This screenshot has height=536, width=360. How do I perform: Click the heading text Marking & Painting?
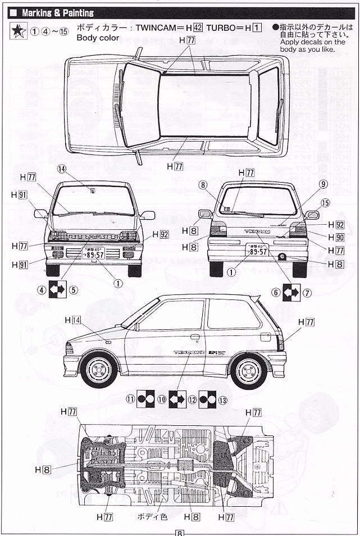[x=57, y=13]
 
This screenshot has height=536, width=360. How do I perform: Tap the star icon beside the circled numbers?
[x=19, y=31]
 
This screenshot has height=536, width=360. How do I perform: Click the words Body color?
[x=98, y=38]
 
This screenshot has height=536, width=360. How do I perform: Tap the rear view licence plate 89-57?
[x=258, y=249]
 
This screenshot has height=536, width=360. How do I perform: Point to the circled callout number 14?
[x=61, y=169]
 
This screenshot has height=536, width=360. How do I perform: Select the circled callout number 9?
[x=323, y=184]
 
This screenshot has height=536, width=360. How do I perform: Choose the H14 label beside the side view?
[x=73, y=320]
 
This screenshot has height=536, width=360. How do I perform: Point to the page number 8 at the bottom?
[x=179, y=532]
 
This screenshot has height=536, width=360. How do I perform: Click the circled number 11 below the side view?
[x=130, y=400]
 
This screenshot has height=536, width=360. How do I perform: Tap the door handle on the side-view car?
[x=195, y=337]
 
